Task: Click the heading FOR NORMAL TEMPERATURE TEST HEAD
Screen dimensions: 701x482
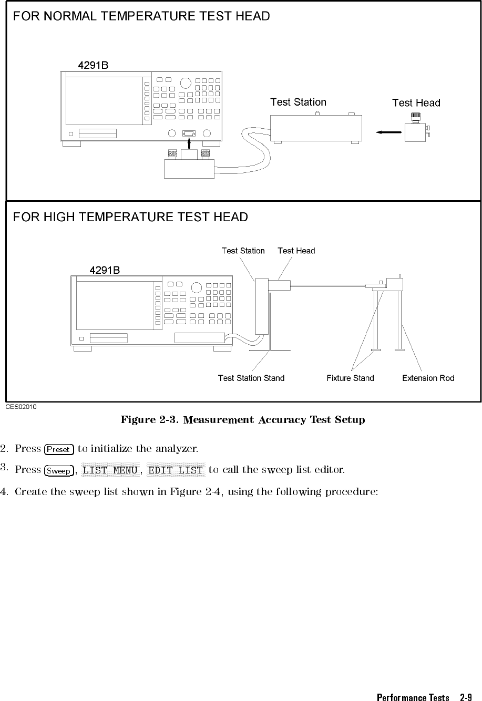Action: click(x=141, y=16)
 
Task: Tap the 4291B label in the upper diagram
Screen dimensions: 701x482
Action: click(x=93, y=66)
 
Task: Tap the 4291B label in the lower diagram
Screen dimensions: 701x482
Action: click(x=105, y=271)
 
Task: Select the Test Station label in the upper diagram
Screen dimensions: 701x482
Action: click(x=298, y=102)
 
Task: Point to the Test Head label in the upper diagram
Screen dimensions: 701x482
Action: click(x=416, y=103)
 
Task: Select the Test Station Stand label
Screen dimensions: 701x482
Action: click(x=251, y=378)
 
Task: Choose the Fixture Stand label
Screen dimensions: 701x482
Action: click(x=350, y=378)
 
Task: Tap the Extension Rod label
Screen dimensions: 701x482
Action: click(x=428, y=378)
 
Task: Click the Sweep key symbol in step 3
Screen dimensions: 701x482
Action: click(x=58, y=471)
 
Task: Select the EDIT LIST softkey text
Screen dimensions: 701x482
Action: click(x=176, y=470)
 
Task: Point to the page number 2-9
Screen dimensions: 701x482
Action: click(x=465, y=697)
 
